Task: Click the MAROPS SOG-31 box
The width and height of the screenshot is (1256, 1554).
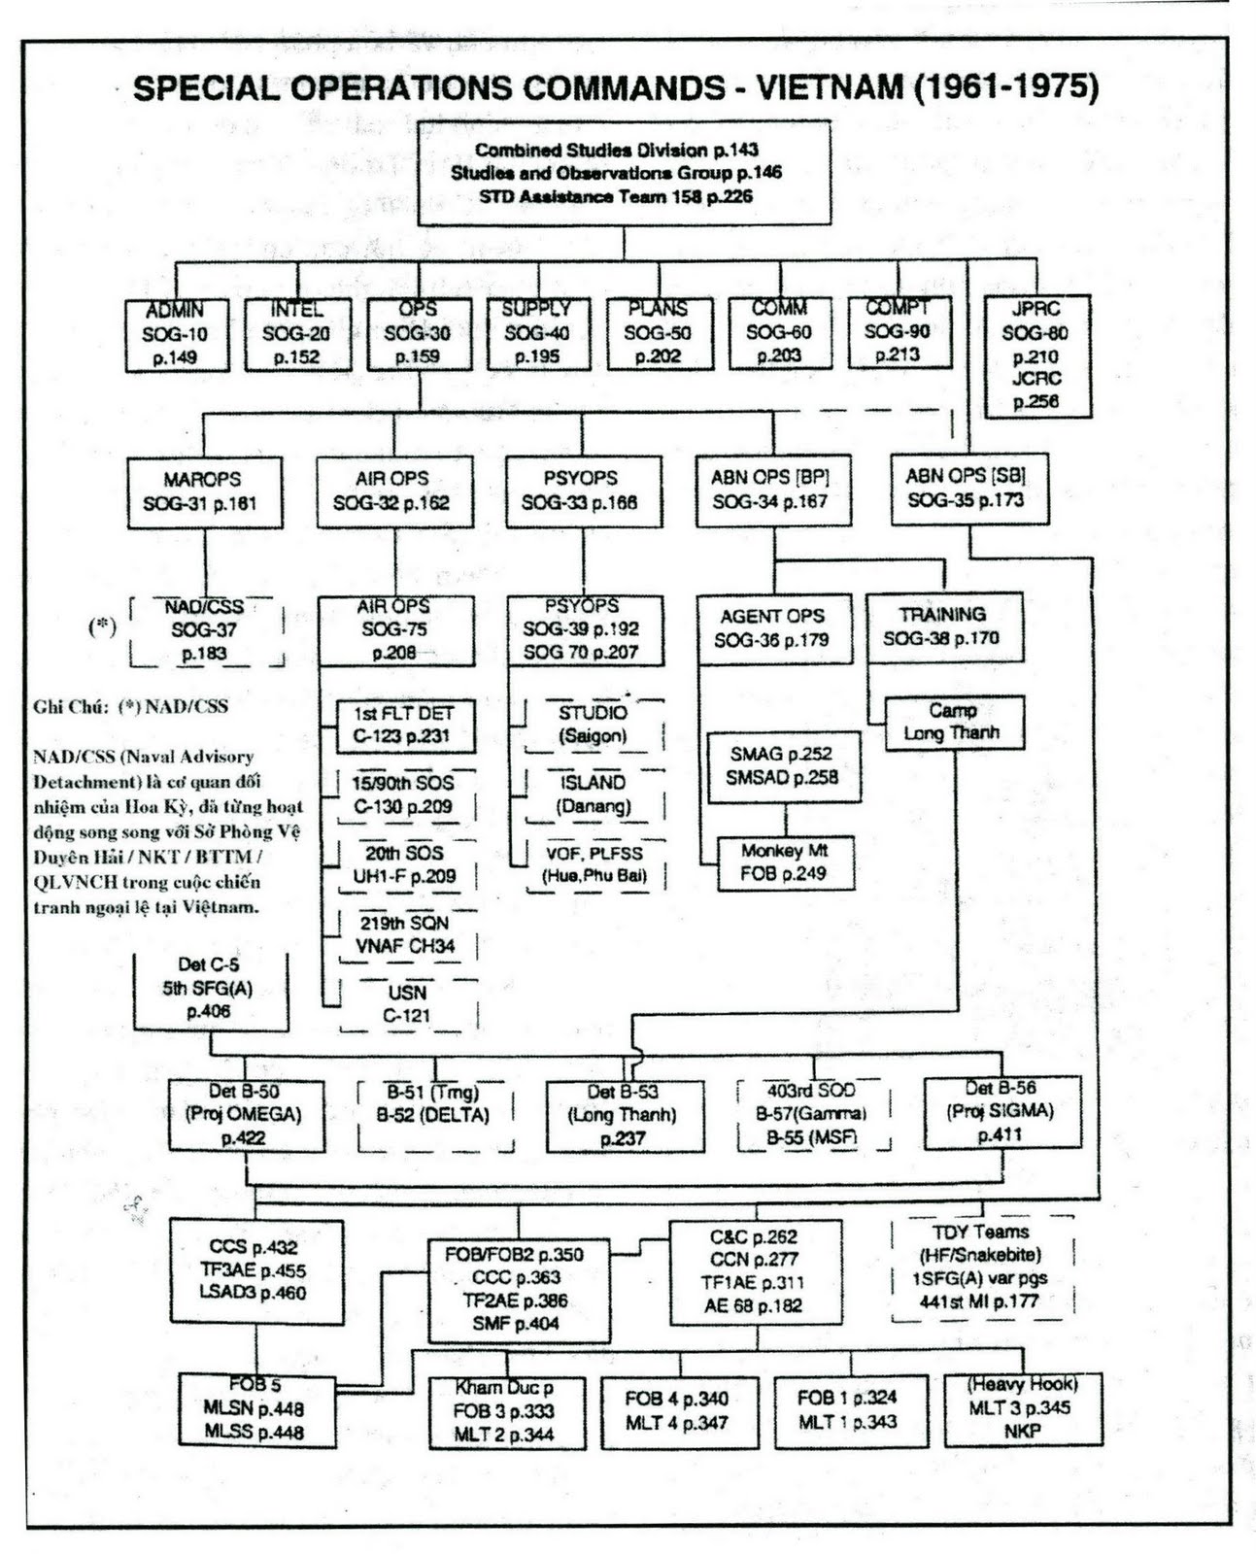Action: point(204,491)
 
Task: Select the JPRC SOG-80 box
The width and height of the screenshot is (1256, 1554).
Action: point(1036,355)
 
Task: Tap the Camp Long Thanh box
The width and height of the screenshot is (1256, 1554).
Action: point(953,722)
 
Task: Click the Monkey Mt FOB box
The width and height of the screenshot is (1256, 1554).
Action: point(784,862)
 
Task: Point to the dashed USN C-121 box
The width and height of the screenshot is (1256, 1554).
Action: point(407,1004)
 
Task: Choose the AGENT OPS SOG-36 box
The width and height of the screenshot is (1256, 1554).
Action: point(773,628)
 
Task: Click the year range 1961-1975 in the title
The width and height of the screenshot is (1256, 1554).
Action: point(1005,87)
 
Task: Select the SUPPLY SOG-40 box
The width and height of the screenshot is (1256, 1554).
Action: point(537,333)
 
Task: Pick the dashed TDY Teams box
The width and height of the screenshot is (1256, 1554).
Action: point(981,1267)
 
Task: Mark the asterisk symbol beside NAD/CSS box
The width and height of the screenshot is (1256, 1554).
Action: point(102,626)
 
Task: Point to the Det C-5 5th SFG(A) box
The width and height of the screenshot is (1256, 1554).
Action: point(210,989)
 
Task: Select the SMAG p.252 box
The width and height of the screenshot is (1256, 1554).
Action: point(783,765)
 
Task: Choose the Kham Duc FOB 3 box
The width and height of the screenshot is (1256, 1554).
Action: point(506,1412)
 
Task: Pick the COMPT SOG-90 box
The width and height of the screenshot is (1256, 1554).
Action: point(898,332)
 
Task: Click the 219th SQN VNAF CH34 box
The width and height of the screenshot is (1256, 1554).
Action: point(405,934)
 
